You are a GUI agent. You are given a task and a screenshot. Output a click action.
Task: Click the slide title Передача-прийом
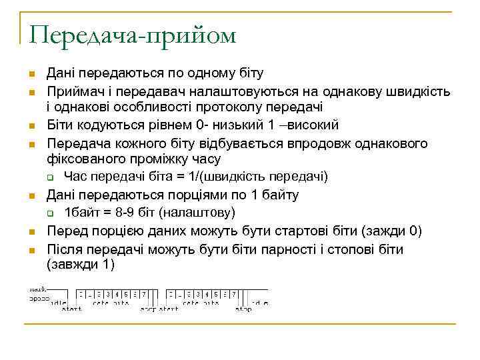pos(132,35)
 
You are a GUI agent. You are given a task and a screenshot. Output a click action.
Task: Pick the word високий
pos(313,125)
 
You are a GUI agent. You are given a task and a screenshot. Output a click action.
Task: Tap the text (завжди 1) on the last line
pos(81,265)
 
